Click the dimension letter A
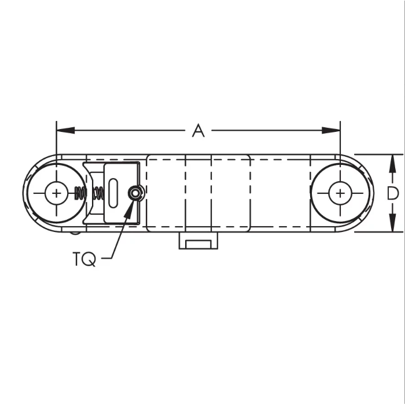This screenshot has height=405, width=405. tap(198, 130)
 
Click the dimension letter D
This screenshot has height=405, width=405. tap(393, 193)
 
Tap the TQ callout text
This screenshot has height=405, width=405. tap(84, 259)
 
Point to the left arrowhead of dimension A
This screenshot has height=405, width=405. tap(65, 130)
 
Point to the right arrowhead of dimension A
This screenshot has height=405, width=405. tap(331, 130)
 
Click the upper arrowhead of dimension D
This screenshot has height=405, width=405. tap(392, 164)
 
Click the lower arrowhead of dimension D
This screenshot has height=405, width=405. tap(392, 223)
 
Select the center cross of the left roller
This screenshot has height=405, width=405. tap(57, 193)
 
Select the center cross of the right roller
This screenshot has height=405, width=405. tap(340, 193)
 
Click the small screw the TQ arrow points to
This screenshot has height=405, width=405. tap(135, 193)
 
